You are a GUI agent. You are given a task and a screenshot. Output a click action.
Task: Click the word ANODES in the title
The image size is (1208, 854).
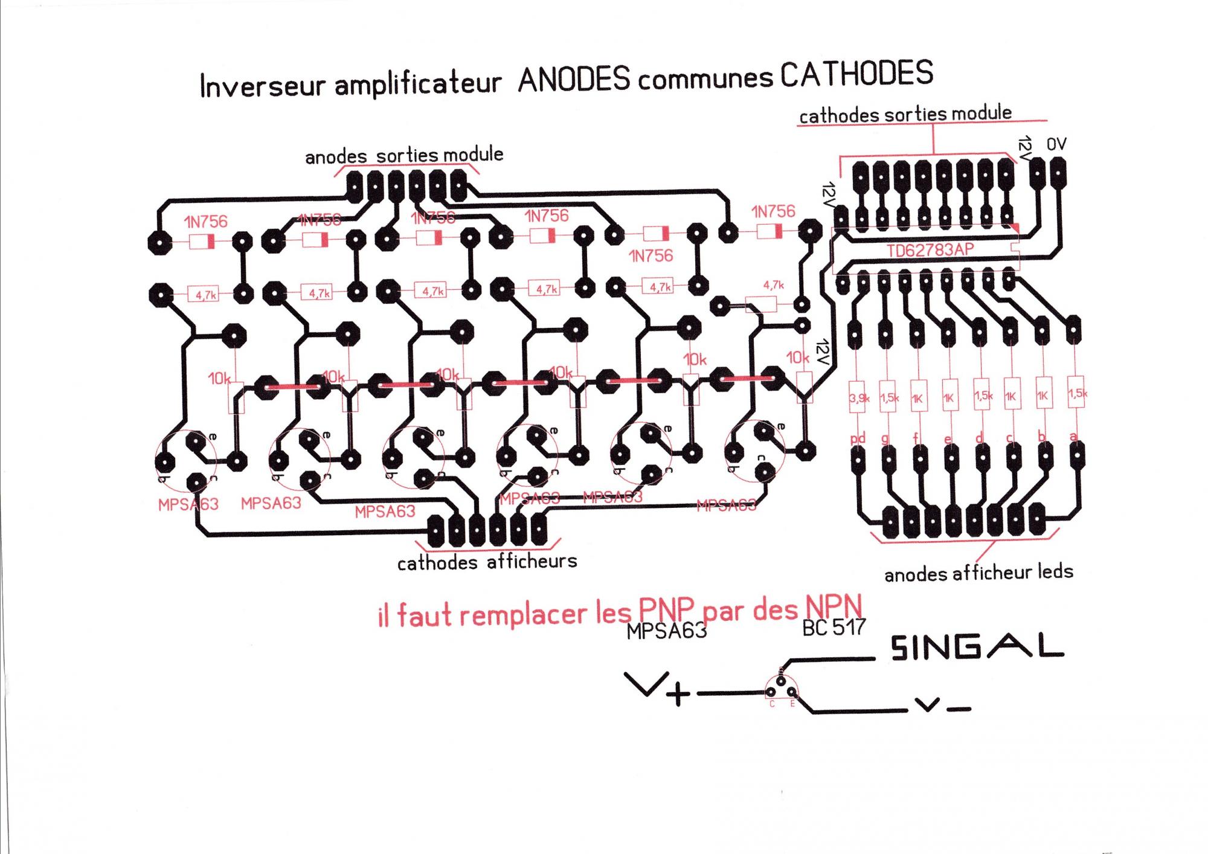coord(574,80)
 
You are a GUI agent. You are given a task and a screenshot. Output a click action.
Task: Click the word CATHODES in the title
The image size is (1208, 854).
coord(856,74)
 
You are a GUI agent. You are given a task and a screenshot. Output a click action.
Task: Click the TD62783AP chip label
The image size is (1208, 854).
coord(930,250)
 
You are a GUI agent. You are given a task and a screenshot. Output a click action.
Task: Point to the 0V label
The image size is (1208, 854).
coord(1056,144)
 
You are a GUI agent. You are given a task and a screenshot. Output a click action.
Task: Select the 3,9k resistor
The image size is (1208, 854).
coord(858,398)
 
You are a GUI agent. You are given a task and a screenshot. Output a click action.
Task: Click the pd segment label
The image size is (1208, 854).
coord(858,438)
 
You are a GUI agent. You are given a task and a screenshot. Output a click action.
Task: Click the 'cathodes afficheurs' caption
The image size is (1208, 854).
coord(487,562)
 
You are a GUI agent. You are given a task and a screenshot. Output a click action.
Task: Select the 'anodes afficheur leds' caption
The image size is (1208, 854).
coord(978,573)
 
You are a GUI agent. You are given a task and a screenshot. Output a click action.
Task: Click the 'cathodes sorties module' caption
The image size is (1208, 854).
coord(905,114)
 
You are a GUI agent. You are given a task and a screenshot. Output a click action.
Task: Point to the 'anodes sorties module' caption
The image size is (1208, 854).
coord(403,156)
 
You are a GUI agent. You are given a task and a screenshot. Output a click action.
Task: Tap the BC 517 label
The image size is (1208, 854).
coord(834,628)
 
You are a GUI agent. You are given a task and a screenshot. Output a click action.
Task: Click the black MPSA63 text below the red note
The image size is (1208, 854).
coord(666,631)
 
